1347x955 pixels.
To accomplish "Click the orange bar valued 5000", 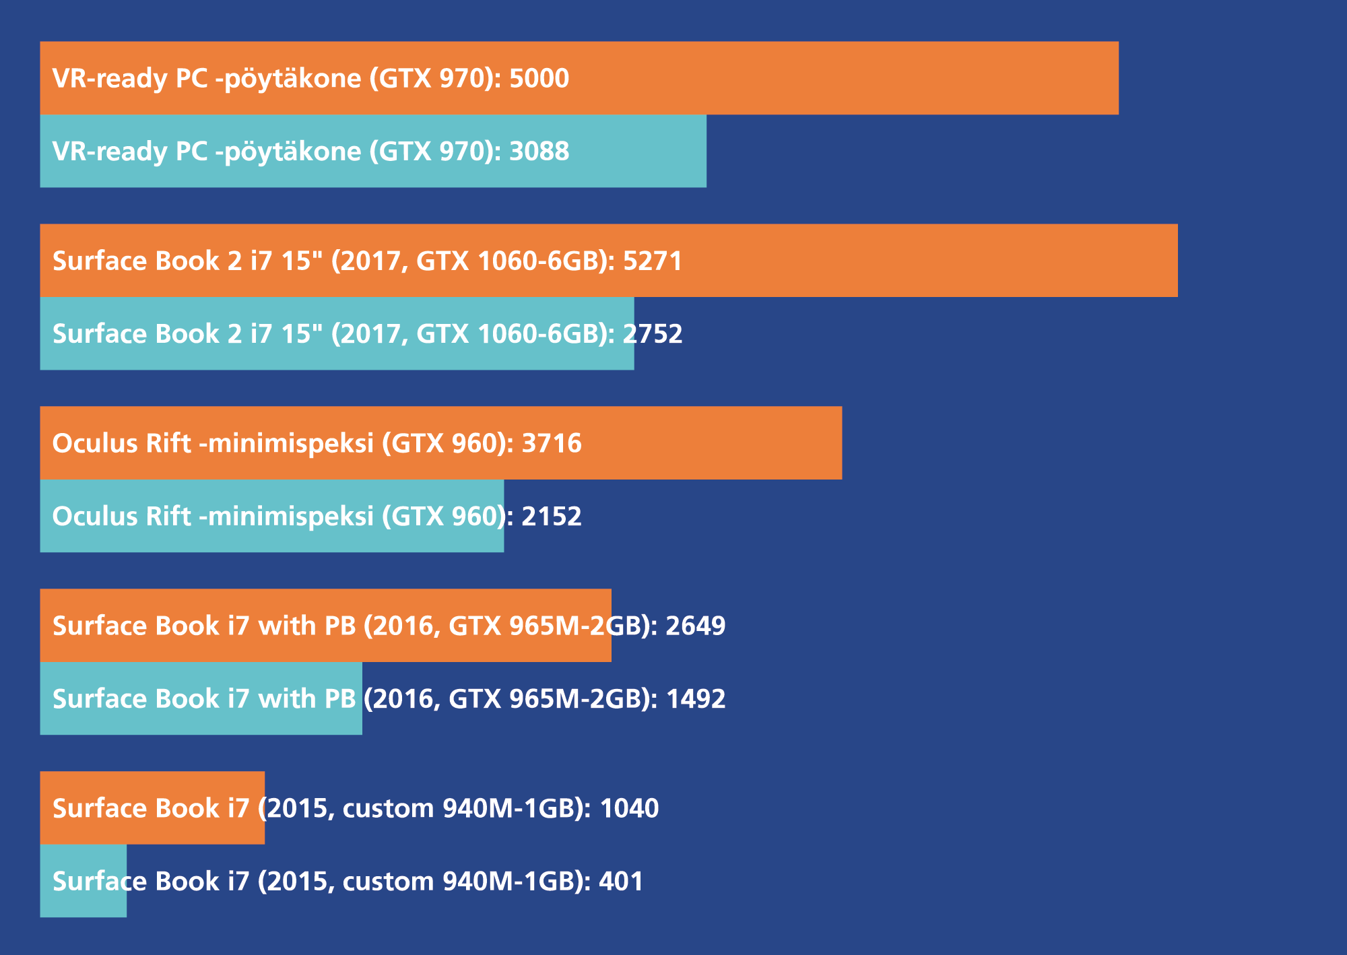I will pyautogui.click(x=842, y=78).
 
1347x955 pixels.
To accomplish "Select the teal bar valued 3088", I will pyautogui.click(x=640, y=151).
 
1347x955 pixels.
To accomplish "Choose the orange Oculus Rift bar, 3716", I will pyautogui.click(x=707, y=443).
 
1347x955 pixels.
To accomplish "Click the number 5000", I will pyautogui.click(x=539, y=79).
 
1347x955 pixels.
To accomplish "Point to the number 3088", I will pyautogui.click(x=539, y=152).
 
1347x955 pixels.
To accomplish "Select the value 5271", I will pyautogui.click(x=653, y=261).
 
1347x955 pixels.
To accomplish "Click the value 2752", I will pyautogui.click(x=653, y=334).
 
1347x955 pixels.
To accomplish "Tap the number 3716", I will pyautogui.click(x=552, y=444).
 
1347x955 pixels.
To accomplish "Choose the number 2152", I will pyautogui.click(x=552, y=517).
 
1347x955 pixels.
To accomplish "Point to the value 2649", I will pyautogui.click(x=695, y=626).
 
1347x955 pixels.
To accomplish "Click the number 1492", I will pyautogui.click(x=695, y=699).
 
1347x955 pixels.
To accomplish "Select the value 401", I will pyautogui.click(x=621, y=882).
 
